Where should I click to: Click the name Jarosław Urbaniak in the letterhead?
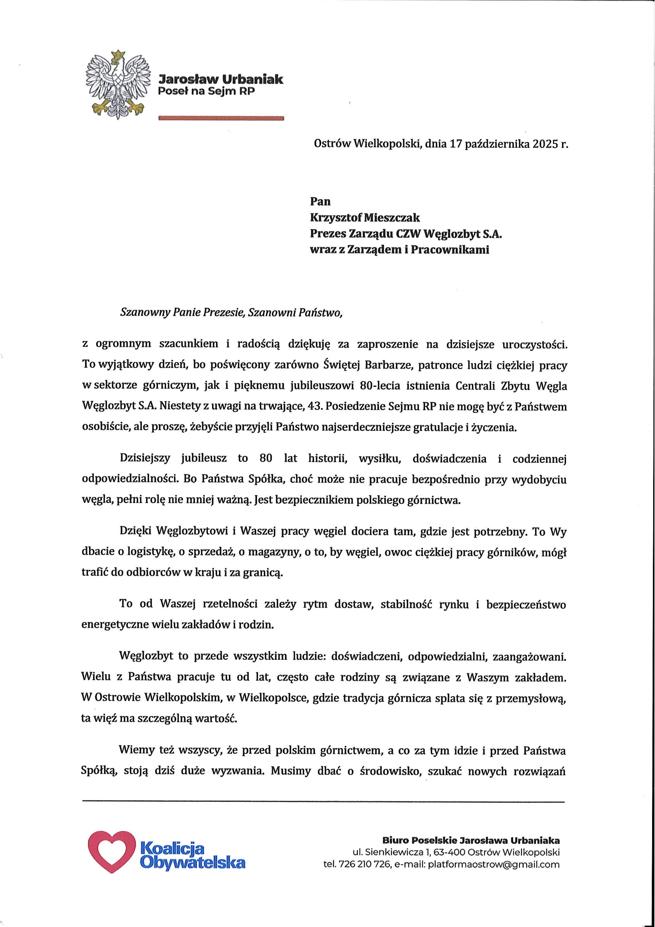(221, 79)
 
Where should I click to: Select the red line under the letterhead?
(221, 118)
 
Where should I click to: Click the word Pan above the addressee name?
(320, 201)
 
